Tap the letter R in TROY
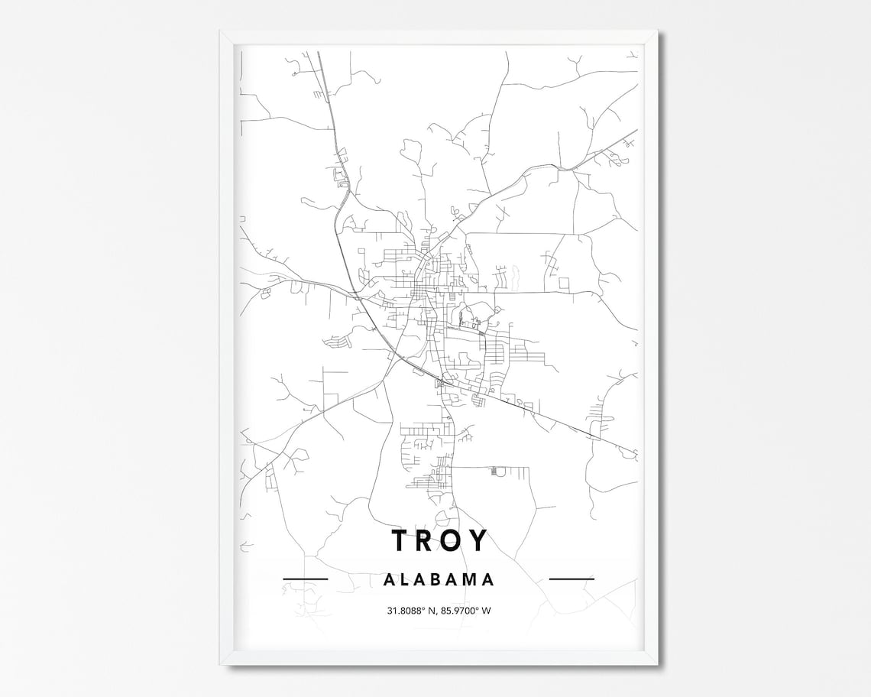pyautogui.click(x=426, y=540)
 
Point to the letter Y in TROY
pyautogui.click(x=478, y=540)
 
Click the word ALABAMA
pyautogui.click(x=439, y=579)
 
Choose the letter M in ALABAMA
pyautogui.click(x=471, y=579)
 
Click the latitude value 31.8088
pyautogui.click(x=403, y=610)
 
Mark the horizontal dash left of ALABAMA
pyautogui.click(x=305, y=579)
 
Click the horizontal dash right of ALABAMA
pyautogui.click(x=571, y=579)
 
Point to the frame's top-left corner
pyautogui.click(x=221, y=31)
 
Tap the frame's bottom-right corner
pyautogui.click(x=656, y=663)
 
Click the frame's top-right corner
pyautogui.click(x=656, y=31)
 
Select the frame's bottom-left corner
pyautogui.click(x=221, y=663)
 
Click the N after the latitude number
pyautogui.click(x=432, y=610)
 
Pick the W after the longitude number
pyautogui.click(x=487, y=610)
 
